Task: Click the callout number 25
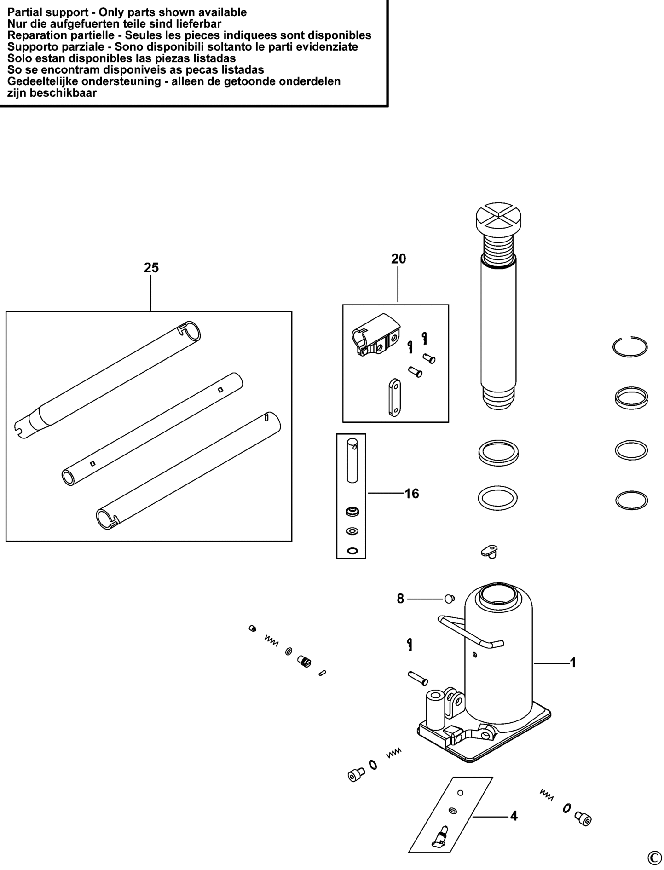pyautogui.click(x=151, y=268)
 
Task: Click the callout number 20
pyautogui.click(x=398, y=259)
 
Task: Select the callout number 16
pyautogui.click(x=412, y=494)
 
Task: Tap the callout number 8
pyautogui.click(x=400, y=599)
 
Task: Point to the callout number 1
pyautogui.click(x=573, y=663)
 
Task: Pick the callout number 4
pyautogui.click(x=514, y=816)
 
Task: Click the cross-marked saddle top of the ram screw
pyautogui.click(x=499, y=217)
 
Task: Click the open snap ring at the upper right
pyautogui.click(x=630, y=346)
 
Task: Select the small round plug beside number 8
pyautogui.click(x=449, y=599)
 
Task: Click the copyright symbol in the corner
pyautogui.click(x=654, y=858)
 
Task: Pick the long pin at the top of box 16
pyautogui.click(x=352, y=461)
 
